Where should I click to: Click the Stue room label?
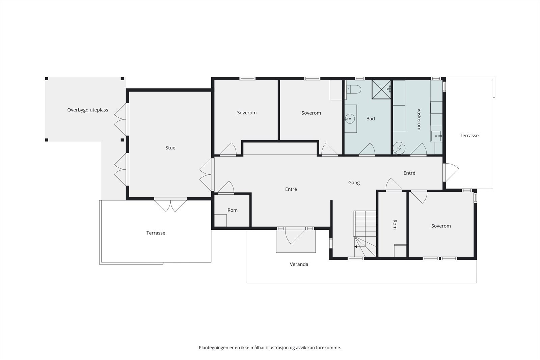[x=170, y=148]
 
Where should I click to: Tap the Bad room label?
[x=371, y=118]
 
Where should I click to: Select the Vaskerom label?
[x=419, y=119]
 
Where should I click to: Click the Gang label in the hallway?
[x=354, y=183]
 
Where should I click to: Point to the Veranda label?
[x=299, y=264]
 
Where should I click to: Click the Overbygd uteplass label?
[x=87, y=110]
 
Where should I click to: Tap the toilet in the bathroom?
[x=354, y=89]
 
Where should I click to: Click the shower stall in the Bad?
[x=381, y=89]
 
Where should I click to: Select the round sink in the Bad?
[x=350, y=118]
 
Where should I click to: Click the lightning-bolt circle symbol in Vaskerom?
[x=399, y=148]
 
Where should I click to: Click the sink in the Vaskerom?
[x=436, y=136]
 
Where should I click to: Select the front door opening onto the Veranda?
[x=295, y=236]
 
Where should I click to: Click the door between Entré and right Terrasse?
[x=451, y=172]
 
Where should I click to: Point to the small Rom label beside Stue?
[x=233, y=210]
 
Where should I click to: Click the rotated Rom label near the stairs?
[x=395, y=224]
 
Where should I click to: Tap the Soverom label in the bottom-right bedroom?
[x=441, y=226]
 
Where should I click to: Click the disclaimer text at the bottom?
[x=270, y=348]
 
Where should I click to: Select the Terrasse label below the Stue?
[x=156, y=233]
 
